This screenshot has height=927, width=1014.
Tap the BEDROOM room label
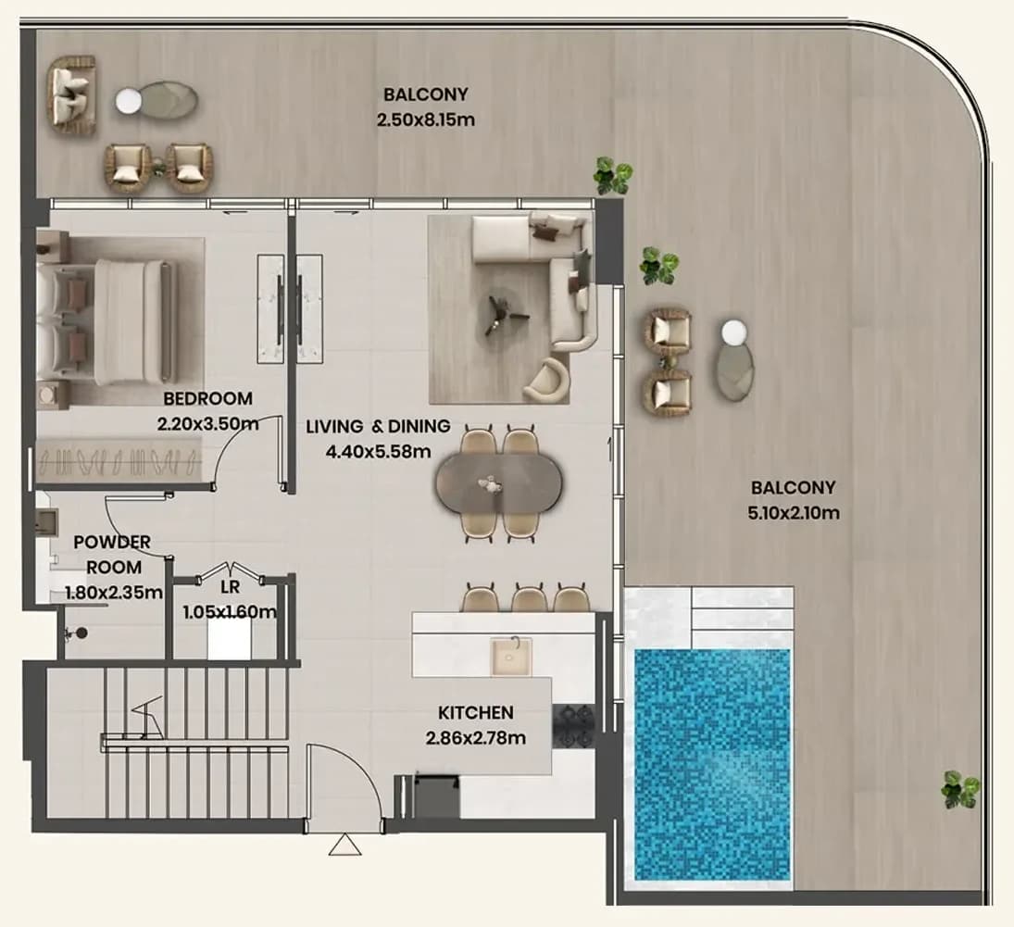(x=207, y=398)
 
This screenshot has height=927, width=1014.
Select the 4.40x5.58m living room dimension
(x=379, y=451)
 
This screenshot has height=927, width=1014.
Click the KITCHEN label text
(x=476, y=712)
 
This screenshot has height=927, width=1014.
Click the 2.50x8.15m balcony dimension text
(x=426, y=119)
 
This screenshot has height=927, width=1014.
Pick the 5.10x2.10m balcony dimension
(x=794, y=513)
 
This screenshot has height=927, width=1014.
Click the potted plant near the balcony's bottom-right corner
(x=959, y=789)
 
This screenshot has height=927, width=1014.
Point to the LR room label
(x=230, y=587)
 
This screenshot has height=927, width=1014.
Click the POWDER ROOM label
(x=113, y=555)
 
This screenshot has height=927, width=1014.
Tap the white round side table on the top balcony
(x=128, y=101)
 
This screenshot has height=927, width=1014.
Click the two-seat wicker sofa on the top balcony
(x=72, y=95)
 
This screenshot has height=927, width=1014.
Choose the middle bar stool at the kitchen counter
(x=530, y=597)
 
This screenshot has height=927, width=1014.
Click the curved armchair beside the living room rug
(x=547, y=381)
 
